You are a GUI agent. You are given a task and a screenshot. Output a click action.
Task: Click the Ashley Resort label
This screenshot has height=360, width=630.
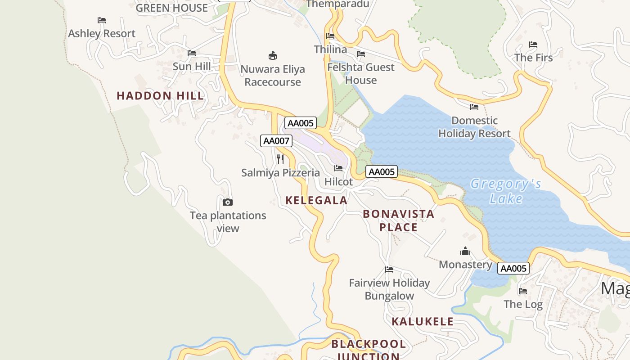point(102,34)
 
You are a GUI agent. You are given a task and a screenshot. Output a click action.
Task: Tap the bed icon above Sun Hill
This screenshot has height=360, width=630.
point(192,53)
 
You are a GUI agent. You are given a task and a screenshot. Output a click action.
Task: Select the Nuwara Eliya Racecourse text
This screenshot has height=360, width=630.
point(273,76)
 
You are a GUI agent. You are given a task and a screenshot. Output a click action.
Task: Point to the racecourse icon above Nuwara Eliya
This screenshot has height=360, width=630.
point(273,55)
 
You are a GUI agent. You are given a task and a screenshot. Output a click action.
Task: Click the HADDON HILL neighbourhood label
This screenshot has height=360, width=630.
point(160,96)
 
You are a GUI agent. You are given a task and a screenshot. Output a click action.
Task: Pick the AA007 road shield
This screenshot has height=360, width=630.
point(276,141)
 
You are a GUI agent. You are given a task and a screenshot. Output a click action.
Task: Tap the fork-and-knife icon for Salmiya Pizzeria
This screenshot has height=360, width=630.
point(280,159)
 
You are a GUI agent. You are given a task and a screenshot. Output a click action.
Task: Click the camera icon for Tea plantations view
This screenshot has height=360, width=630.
point(228,202)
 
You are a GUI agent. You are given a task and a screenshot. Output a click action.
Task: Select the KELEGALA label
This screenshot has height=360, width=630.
point(316,201)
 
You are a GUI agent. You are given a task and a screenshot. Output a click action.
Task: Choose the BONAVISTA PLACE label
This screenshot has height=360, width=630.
point(399,220)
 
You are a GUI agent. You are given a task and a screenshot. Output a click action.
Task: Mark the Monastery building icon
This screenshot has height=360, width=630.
point(465,251)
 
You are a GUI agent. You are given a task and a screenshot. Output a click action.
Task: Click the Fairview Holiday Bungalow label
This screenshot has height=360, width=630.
point(390,289)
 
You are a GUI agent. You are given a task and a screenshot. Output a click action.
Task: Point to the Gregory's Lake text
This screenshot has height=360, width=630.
point(506,191)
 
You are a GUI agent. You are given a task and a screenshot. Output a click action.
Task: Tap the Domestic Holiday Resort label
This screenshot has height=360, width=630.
point(474,127)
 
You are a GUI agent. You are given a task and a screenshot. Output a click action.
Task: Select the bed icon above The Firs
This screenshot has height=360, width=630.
point(533,45)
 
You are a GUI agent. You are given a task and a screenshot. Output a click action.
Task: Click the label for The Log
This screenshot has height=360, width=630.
point(523,305)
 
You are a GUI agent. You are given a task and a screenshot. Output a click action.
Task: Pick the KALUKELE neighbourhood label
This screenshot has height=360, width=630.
point(423,322)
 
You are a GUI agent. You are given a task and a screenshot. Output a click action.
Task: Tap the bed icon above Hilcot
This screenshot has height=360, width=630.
point(338,168)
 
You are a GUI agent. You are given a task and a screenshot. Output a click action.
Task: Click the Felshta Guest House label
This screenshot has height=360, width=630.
point(361,74)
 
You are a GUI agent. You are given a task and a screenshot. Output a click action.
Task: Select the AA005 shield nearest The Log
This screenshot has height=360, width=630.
point(513,269)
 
